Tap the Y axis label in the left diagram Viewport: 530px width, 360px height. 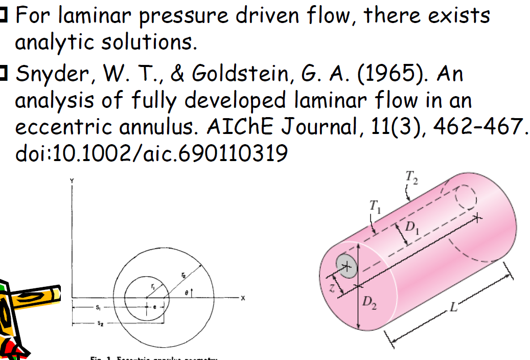73,180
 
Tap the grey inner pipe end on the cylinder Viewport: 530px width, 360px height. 346,266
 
